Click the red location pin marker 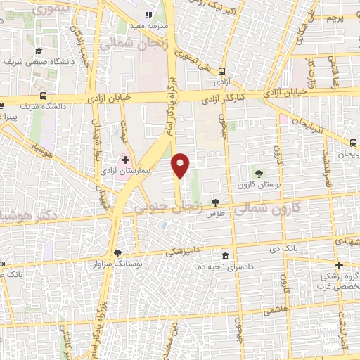pos(181,165)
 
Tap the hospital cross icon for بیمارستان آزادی pos(125,160)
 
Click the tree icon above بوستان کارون pos(261,173)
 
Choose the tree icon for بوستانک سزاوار pos(117,253)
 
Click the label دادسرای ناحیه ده pos(225,267)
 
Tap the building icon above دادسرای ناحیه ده pos(225,256)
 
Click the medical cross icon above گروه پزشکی pos(339,265)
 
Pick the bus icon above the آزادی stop pos(221,71)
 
